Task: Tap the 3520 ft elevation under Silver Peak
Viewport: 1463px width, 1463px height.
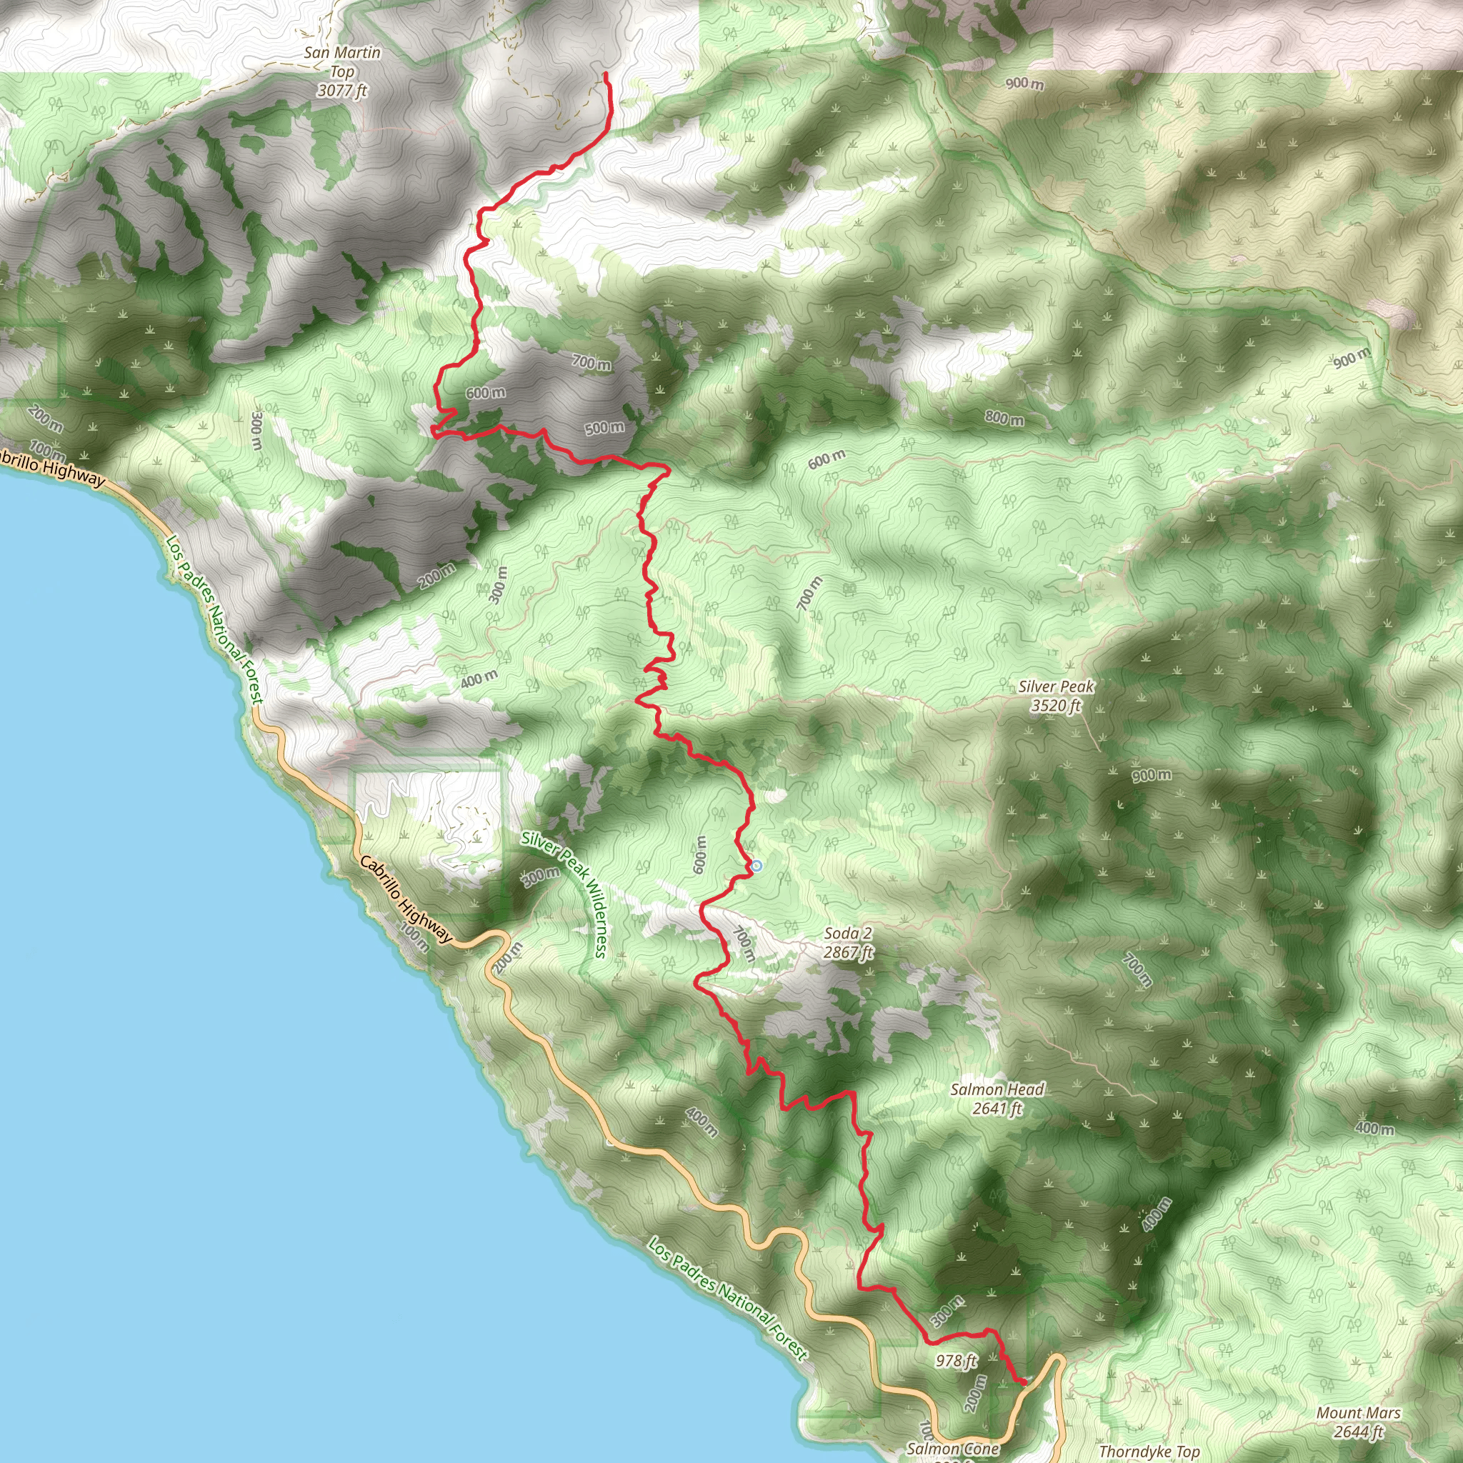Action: pyautogui.click(x=1056, y=706)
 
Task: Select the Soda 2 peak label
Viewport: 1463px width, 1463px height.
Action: pyautogui.click(x=848, y=934)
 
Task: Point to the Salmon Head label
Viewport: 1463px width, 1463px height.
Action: pyautogui.click(x=997, y=1089)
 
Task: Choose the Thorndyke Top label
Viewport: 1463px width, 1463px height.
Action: pyautogui.click(x=1149, y=1451)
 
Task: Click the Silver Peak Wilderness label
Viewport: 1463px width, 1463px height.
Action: pyautogui.click(x=564, y=894)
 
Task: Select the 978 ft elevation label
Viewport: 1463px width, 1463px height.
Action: pyautogui.click(x=957, y=1361)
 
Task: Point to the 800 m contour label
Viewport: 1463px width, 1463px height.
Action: pyautogui.click(x=1004, y=417)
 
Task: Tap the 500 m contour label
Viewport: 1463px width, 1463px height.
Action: pyautogui.click(x=605, y=428)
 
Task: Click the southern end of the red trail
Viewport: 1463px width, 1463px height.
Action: pyautogui.click(x=1024, y=1383)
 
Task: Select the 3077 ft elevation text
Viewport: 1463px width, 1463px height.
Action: pyautogui.click(x=342, y=91)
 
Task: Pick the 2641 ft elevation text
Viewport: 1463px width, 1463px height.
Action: pyautogui.click(x=997, y=1109)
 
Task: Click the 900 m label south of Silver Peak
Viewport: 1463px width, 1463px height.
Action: pyautogui.click(x=1152, y=775)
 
